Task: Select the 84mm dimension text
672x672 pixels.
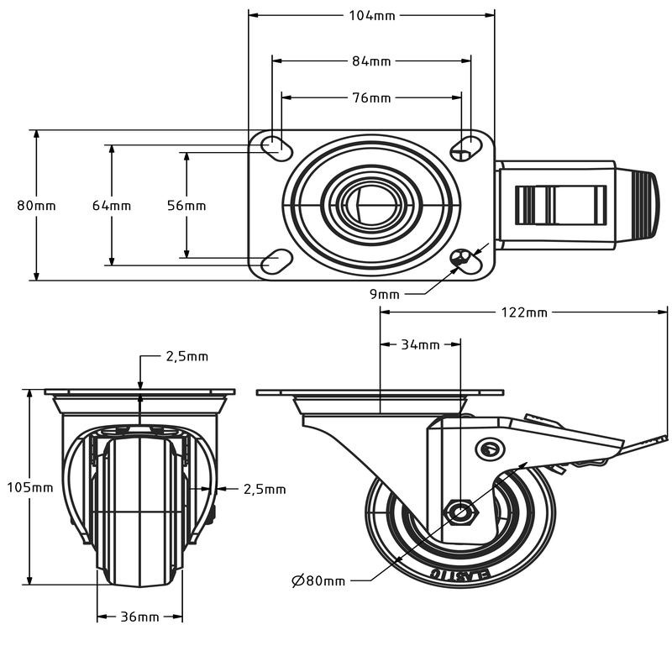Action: pos(370,60)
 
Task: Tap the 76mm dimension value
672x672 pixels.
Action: pos(370,97)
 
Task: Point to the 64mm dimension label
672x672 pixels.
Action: pos(112,206)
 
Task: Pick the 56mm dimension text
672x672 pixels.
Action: pos(186,206)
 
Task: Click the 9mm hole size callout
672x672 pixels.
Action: pos(384,293)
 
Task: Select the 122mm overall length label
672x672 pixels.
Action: pos(523,312)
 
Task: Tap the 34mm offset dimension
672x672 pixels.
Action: pos(420,344)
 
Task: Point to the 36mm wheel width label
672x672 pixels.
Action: pos(139,617)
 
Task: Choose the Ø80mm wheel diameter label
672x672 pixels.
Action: pos(318,580)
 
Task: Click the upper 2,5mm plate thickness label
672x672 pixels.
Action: pos(186,356)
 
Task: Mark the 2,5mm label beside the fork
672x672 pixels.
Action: pos(265,489)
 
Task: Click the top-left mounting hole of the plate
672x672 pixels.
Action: pos(276,145)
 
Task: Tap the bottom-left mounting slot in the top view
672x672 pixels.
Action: pos(276,263)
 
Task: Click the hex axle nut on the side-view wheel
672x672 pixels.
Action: pos(459,511)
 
